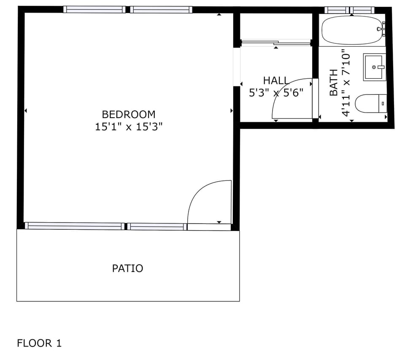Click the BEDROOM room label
pyautogui.click(x=129, y=114)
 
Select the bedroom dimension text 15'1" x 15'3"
pyautogui.click(x=129, y=127)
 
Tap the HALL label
pyautogui.click(x=276, y=81)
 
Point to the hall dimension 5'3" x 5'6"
pyautogui.click(x=276, y=93)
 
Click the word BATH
pyautogui.click(x=333, y=83)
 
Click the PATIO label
pyautogui.click(x=127, y=269)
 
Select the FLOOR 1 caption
pyautogui.click(x=39, y=343)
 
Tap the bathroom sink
pyautogui.click(x=374, y=67)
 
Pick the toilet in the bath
pyautogui.click(x=370, y=104)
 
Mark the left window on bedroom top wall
pyautogui.click(x=94, y=10)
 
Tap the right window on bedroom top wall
pyautogui.click(x=161, y=10)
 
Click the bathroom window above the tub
pyautogui.click(x=349, y=10)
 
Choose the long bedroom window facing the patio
pyautogui.click(x=75, y=226)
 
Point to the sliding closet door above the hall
pyautogui.click(x=276, y=42)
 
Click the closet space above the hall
pyautogui.click(x=276, y=26)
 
